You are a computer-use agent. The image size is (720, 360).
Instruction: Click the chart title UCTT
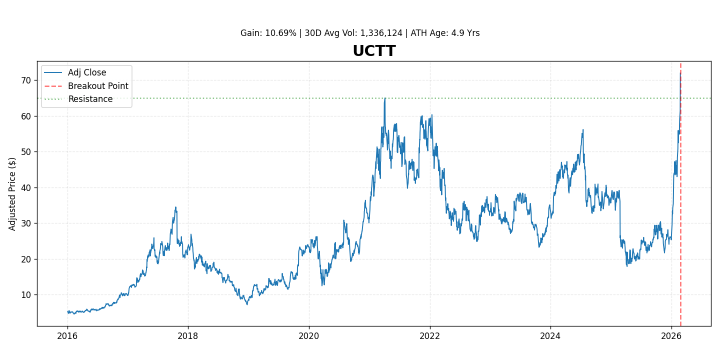(x=374, y=51)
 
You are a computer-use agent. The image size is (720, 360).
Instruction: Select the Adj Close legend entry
(x=87, y=73)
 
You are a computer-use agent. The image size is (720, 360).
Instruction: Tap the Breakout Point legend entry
(x=98, y=86)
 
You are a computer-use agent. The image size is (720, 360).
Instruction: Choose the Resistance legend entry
(x=90, y=99)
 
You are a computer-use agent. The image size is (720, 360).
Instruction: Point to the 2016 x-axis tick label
(x=67, y=335)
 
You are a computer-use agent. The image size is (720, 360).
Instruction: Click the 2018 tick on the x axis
(x=188, y=335)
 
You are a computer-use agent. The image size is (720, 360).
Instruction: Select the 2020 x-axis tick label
(x=309, y=335)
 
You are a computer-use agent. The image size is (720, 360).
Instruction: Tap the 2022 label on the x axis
(x=430, y=335)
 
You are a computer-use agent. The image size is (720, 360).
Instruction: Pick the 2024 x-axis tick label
(x=550, y=335)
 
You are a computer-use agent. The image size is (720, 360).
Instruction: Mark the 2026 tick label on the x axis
(x=671, y=335)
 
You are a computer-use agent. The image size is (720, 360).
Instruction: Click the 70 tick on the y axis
(x=26, y=80)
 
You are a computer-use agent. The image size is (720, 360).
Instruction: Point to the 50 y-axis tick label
(x=26, y=152)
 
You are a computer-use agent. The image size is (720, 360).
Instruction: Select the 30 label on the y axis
(x=26, y=223)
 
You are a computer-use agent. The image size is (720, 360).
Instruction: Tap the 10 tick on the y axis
(x=26, y=295)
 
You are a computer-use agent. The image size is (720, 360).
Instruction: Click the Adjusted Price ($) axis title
(x=12, y=194)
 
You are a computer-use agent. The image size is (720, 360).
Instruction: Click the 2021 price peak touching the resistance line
(x=384, y=98)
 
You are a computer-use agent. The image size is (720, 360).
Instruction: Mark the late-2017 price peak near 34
(x=175, y=207)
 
